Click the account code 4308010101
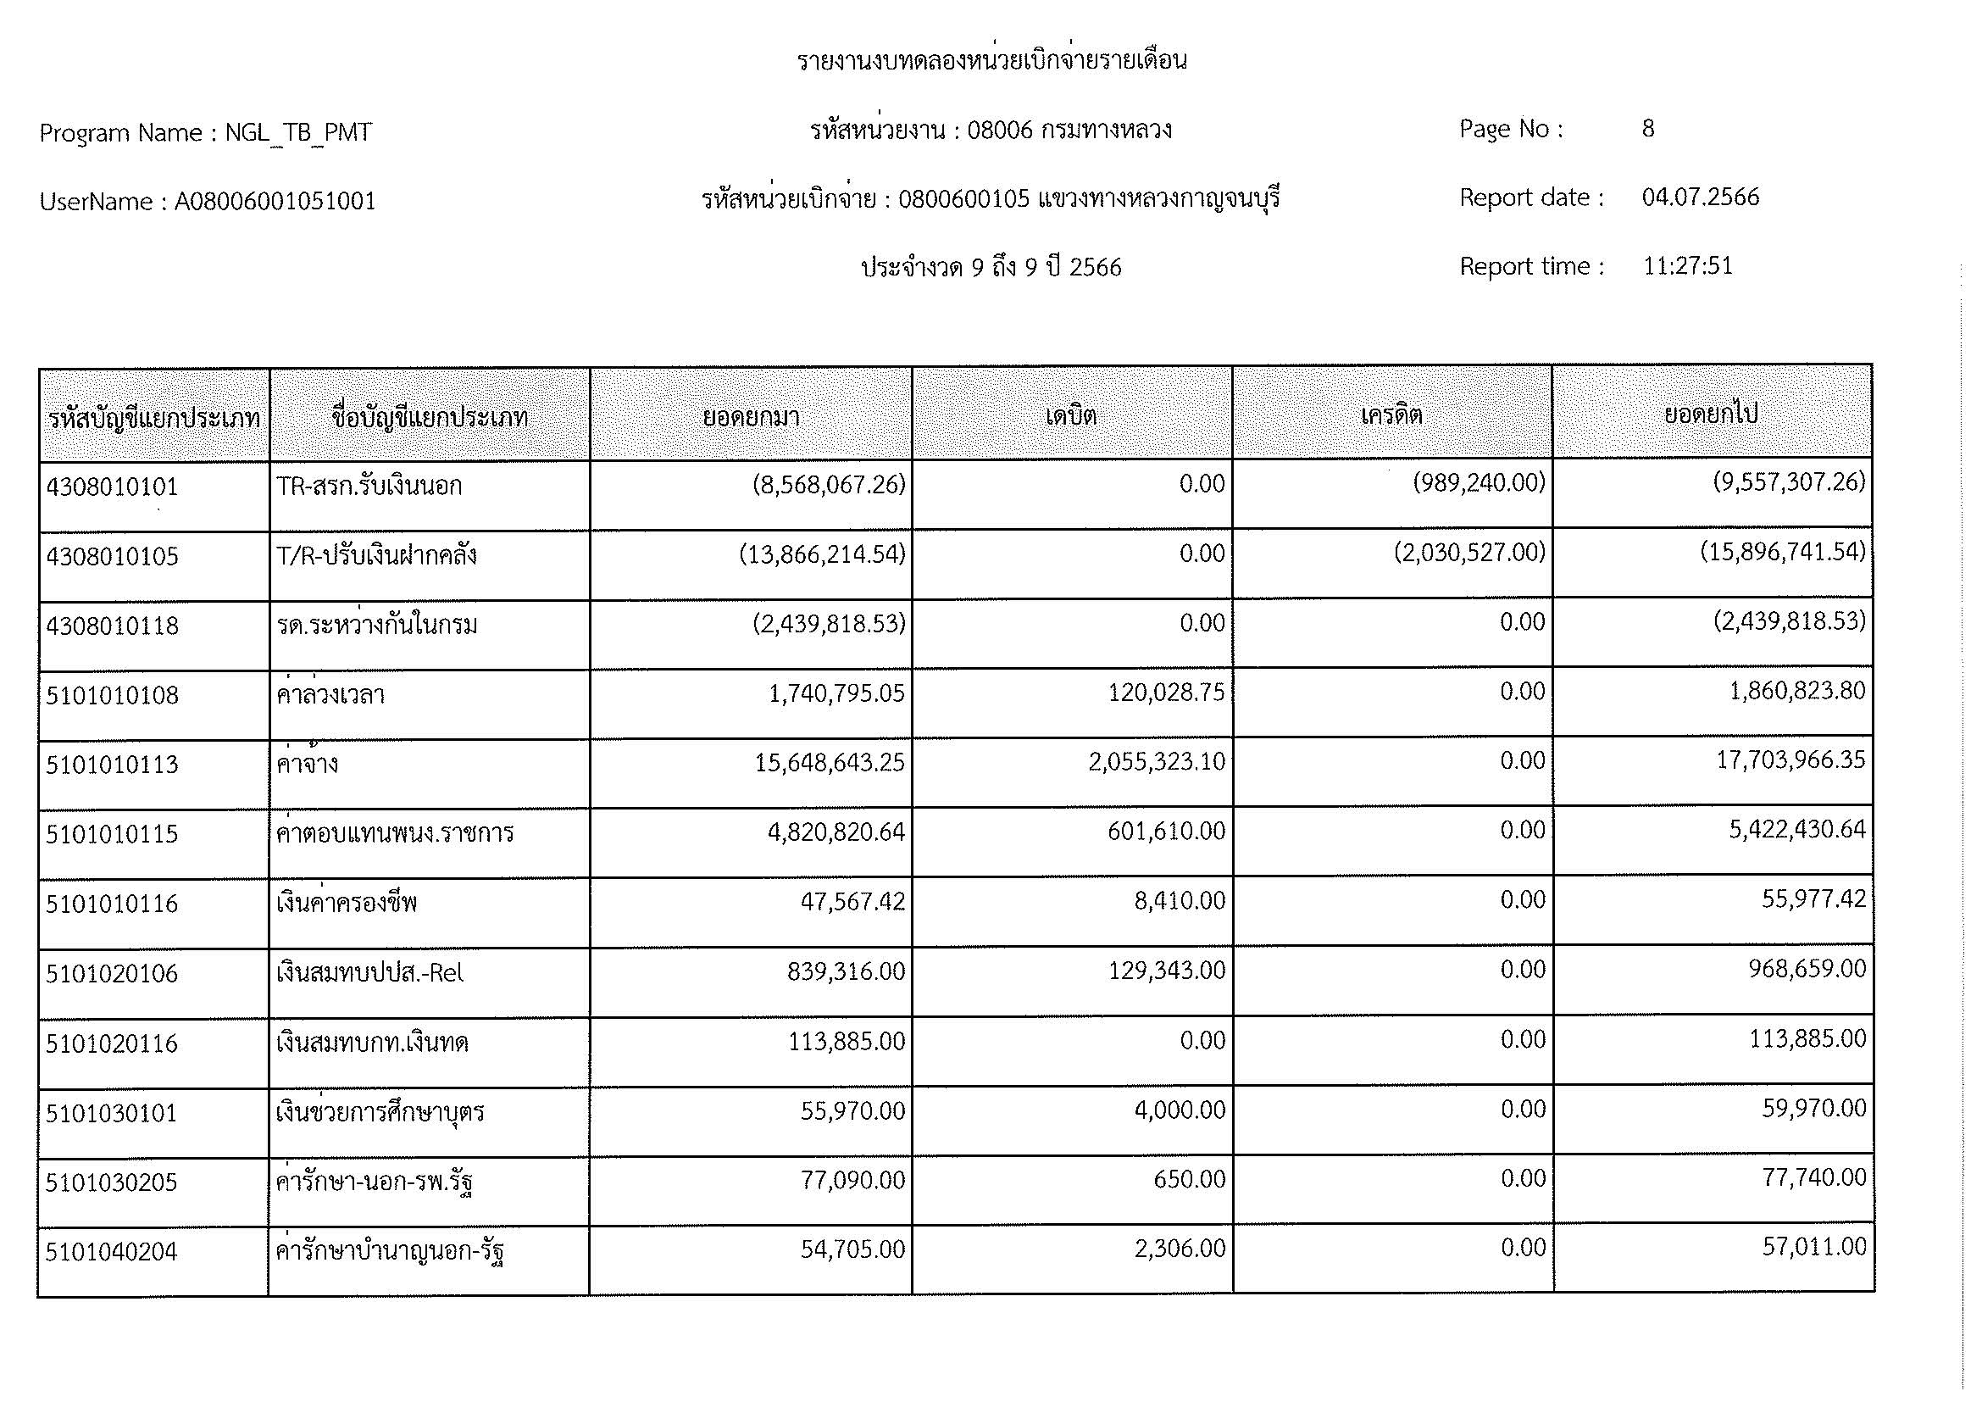pos(112,487)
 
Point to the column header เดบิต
pos(1070,416)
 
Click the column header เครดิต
pos(1391,415)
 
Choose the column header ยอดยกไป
pos(1711,414)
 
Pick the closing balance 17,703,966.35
pos(1790,760)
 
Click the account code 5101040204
pos(111,1252)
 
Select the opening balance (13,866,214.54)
pos(822,554)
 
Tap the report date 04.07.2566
pos(1700,198)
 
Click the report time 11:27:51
pos(1687,266)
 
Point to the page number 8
pos(1648,129)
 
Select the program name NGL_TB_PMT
pos(298,133)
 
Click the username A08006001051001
pos(275,202)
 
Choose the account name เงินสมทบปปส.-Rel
pos(369,973)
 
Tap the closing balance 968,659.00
pos(1807,969)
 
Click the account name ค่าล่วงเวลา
pos(330,695)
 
